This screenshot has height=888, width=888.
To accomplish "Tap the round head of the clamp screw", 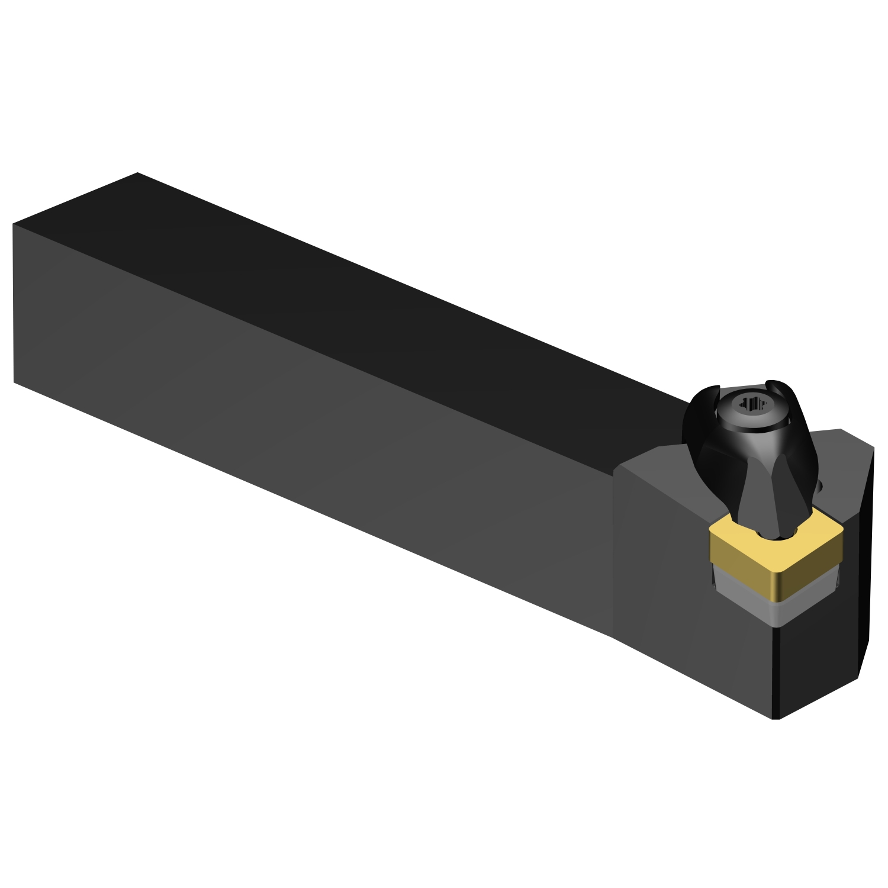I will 751,414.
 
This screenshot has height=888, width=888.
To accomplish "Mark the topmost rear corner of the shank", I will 137,173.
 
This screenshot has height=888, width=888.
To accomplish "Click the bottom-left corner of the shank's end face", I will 14,382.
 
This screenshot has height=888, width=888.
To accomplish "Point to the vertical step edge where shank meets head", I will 613,551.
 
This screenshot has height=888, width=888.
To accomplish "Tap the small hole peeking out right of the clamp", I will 822,487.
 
